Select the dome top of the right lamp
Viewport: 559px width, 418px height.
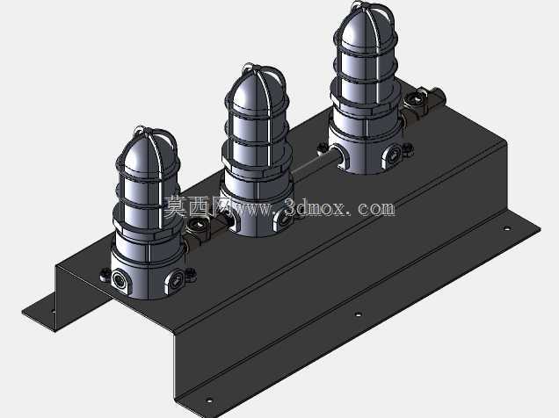(365, 25)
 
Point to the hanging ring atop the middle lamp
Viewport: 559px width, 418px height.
(250, 67)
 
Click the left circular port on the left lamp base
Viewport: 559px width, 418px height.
(119, 278)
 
